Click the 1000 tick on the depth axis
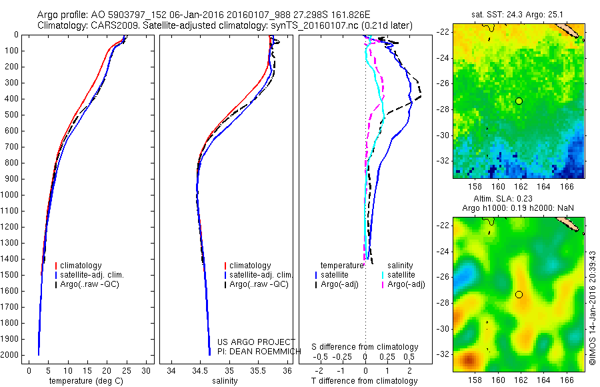11,195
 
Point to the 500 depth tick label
11,115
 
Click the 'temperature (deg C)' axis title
87,381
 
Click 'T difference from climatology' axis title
365,381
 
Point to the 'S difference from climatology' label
365,348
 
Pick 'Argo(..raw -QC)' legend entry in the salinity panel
259,284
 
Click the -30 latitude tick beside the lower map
443,328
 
